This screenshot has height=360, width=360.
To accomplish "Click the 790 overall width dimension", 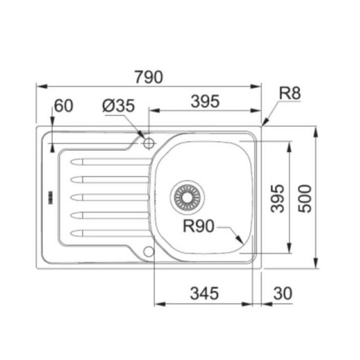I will (148, 77).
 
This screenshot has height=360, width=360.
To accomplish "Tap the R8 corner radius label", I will (289, 94).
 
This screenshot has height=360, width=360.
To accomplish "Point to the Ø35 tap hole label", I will (118, 106).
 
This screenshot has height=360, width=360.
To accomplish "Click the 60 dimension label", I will (63, 106).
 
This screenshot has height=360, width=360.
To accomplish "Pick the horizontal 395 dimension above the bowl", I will (205, 101).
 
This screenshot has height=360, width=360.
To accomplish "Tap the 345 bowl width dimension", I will (204, 293).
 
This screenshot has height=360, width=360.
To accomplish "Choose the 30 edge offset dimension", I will (282, 293).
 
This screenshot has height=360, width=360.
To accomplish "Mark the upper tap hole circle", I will (148, 143).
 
